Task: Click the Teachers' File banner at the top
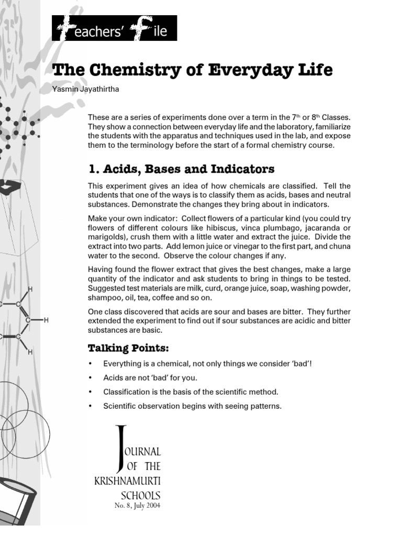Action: coord(114,28)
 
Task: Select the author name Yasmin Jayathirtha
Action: coord(86,90)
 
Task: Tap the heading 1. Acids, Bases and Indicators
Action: coord(181,169)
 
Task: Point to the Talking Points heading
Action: coord(128,348)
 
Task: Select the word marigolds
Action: coord(105,237)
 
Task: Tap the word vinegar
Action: coord(225,247)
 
